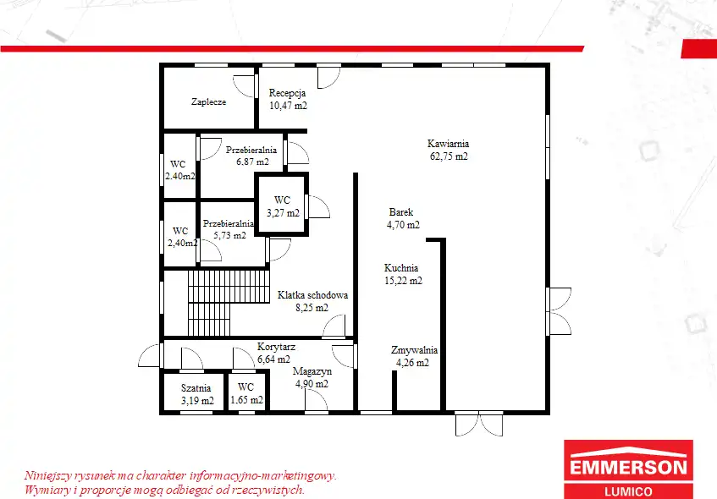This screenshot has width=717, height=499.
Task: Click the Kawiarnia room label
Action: (448, 144)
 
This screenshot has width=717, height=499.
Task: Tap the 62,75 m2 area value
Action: (449, 156)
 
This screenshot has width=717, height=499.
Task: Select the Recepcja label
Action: (287, 93)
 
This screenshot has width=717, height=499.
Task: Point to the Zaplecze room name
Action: (208, 101)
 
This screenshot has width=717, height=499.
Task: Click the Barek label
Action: (401, 212)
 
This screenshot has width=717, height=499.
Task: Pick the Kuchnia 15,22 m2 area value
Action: (403, 281)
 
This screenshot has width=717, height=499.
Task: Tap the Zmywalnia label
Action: (414, 350)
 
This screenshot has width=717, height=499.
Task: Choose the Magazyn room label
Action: (312, 371)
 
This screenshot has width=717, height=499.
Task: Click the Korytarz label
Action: (276, 347)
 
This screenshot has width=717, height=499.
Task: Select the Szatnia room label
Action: (196, 388)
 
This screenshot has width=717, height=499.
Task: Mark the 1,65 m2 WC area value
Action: (247, 400)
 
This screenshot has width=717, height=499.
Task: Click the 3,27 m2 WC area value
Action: (283, 213)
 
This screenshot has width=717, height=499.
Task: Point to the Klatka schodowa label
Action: (312, 295)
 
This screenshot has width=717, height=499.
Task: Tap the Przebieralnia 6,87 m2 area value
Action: (252, 162)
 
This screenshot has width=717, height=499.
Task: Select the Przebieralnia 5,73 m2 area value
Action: (229, 236)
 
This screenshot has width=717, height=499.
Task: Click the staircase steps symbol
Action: (229, 303)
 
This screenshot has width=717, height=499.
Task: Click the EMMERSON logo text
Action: (628, 468)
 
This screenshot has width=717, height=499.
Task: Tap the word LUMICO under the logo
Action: (628, 491)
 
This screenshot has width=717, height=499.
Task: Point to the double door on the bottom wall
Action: (479, 423)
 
